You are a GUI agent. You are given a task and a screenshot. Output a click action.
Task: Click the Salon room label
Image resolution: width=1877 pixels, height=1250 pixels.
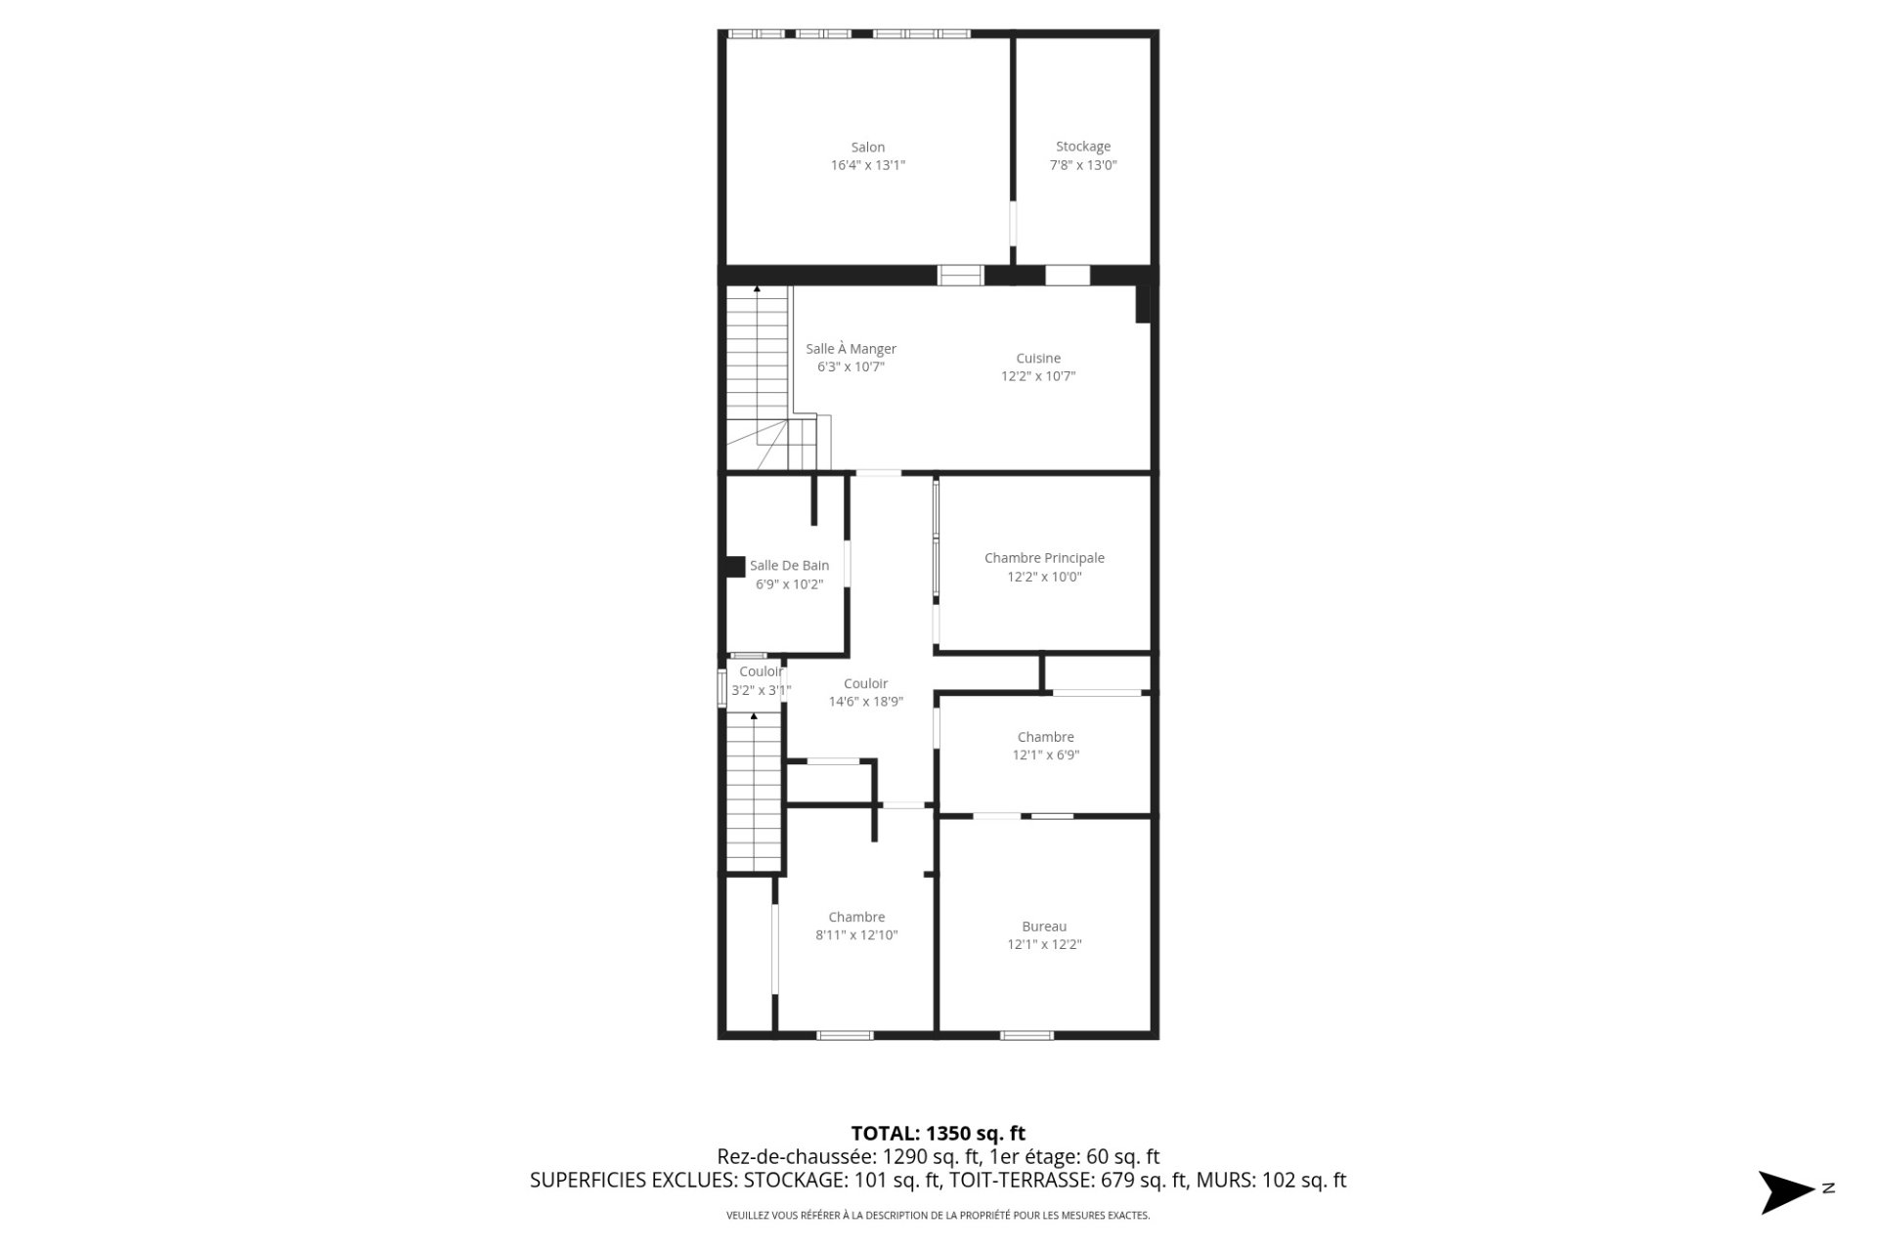(867, 148)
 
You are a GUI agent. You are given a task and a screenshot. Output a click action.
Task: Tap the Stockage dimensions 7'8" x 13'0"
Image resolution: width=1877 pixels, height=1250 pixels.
(1083, 165)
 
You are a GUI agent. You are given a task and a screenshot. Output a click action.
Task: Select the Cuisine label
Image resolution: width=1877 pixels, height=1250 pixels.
(1038, 359)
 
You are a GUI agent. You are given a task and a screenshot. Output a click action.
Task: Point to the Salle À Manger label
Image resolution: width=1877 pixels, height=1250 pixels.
(851, 349)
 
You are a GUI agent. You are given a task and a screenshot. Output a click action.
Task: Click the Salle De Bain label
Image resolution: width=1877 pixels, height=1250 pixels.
(789, 566)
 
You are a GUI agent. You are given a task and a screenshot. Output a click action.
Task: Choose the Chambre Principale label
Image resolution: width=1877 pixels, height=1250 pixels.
(1044, 558)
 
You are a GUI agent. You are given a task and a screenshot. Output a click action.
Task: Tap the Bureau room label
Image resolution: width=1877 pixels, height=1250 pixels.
(1044, 927)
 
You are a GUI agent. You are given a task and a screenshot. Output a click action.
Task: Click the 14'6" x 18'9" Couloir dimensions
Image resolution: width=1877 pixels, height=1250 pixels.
(866, 702)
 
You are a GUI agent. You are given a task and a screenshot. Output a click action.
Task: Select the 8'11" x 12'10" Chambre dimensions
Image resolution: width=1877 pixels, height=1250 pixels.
(856, 935)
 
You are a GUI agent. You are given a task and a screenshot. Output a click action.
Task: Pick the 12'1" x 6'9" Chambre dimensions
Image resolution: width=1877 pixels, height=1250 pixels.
(1046, 755)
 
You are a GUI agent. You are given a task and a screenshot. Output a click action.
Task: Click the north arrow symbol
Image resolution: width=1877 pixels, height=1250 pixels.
(1787, 1192)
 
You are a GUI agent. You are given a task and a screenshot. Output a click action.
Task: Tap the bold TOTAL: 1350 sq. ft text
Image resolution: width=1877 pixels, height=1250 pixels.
(938, 1134)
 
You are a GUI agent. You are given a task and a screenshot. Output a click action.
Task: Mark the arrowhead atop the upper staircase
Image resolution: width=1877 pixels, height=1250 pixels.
(757, 289)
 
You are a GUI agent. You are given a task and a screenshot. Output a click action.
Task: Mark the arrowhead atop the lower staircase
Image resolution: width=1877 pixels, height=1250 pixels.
(754, 716)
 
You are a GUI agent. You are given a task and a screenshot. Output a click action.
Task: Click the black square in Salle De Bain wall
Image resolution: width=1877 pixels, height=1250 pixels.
(734, 567)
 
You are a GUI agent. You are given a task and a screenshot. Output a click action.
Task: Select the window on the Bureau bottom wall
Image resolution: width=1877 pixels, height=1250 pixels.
(1026, 1035)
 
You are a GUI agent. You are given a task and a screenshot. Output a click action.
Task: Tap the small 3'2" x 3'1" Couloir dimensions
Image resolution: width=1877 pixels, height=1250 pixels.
(762, 691)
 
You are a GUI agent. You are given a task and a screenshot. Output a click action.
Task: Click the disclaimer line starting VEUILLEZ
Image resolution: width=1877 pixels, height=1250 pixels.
(938, 1216)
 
